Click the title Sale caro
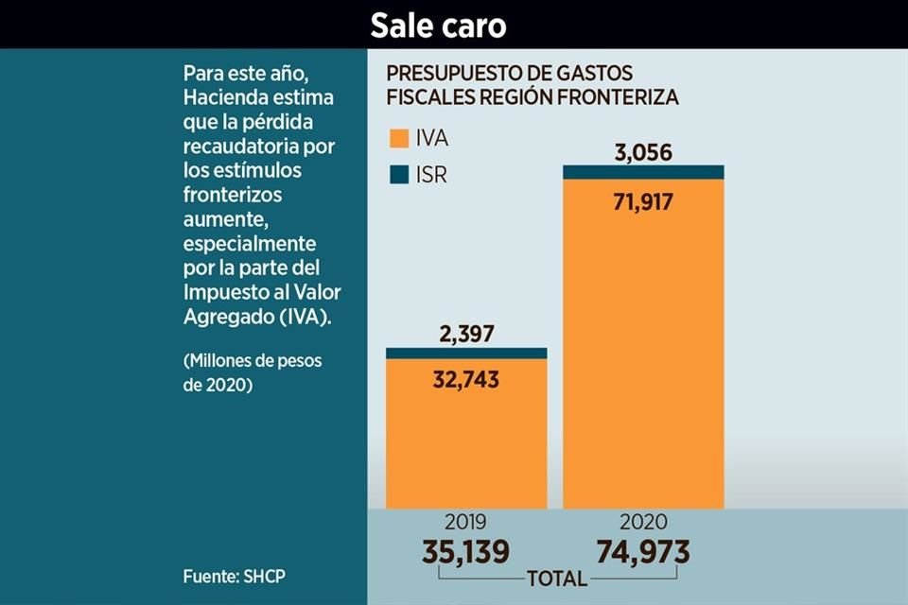click(x=438, y=26)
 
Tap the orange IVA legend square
click(x=396, y=140)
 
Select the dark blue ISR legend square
click(x=396, y=176)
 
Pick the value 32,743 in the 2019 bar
click(x=465, y=380)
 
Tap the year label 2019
click(x=464, y=522)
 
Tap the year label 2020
click(x=643, y=522)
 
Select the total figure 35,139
click(x=464, y=551)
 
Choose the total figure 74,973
click(x=642, y=551)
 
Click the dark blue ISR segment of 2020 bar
click(x=643, y=171)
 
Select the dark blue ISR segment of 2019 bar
click(x=465, y=353)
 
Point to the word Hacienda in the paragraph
click(x=223, y=98)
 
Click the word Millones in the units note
click(x=223, y=361)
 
